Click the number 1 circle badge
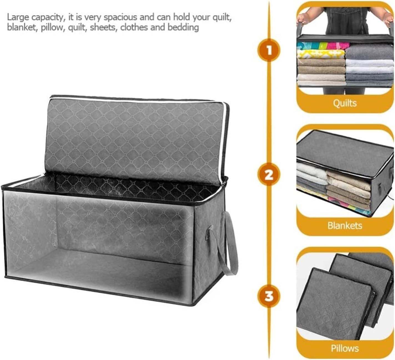point(269,51)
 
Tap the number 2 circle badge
point(269,175)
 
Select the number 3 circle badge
point(269,296)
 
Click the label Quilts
point(345,103)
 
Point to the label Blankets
point(345,225)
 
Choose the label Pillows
point(345,348)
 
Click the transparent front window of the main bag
point(97,244)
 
